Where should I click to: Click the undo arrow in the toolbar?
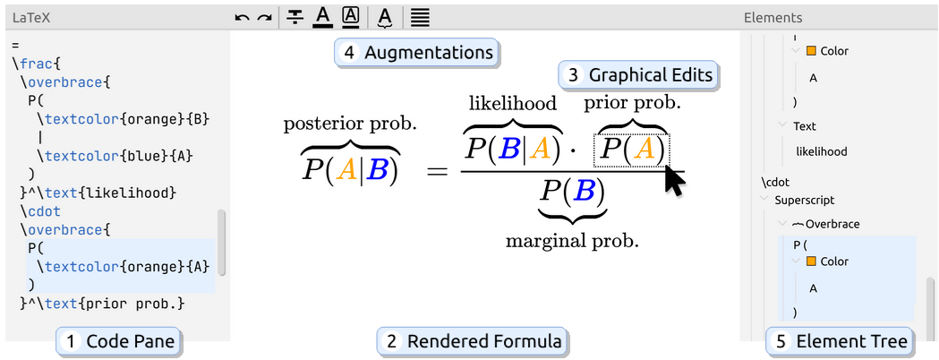[x=242, y=19]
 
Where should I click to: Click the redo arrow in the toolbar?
[x=264, y=19]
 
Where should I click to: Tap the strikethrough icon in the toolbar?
[x=295, y=18]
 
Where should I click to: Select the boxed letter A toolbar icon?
[x=350, y=17]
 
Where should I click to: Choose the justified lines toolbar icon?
[x=421, y=18]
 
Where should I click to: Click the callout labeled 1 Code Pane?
[x=118, y=341]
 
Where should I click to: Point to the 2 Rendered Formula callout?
[x=473, y=341]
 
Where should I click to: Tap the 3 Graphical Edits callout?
[x=638, y=75]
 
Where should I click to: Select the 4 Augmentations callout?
[x=416, y=53]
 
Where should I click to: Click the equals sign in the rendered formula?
[x=437, y=172]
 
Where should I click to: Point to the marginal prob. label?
[x=572, y=241]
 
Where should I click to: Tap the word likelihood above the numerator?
[x=513, y=103]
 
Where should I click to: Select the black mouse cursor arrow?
[x=675, y=182]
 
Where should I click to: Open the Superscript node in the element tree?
[x=804, y=200]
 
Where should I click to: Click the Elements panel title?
[x=773, y=18]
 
